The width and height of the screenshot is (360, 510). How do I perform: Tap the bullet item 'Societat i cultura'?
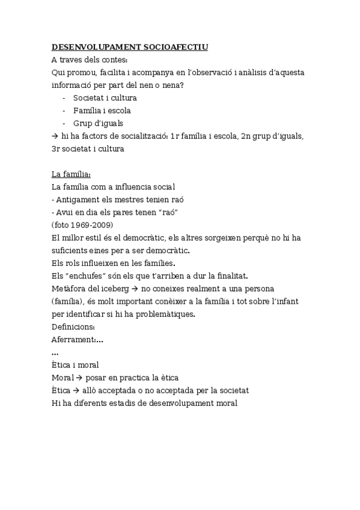pos(105,97)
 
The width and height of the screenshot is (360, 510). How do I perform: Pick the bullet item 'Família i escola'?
pos(102,110)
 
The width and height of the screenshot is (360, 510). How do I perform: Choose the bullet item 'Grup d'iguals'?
pos(98,123)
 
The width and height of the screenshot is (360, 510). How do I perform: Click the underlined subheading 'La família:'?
pos(71,174)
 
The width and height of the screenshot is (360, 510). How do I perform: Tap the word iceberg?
pos(117,289)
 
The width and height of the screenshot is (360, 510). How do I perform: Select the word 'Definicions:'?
pos(73,327)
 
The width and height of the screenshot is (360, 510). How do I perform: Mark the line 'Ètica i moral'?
pos(75,365)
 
